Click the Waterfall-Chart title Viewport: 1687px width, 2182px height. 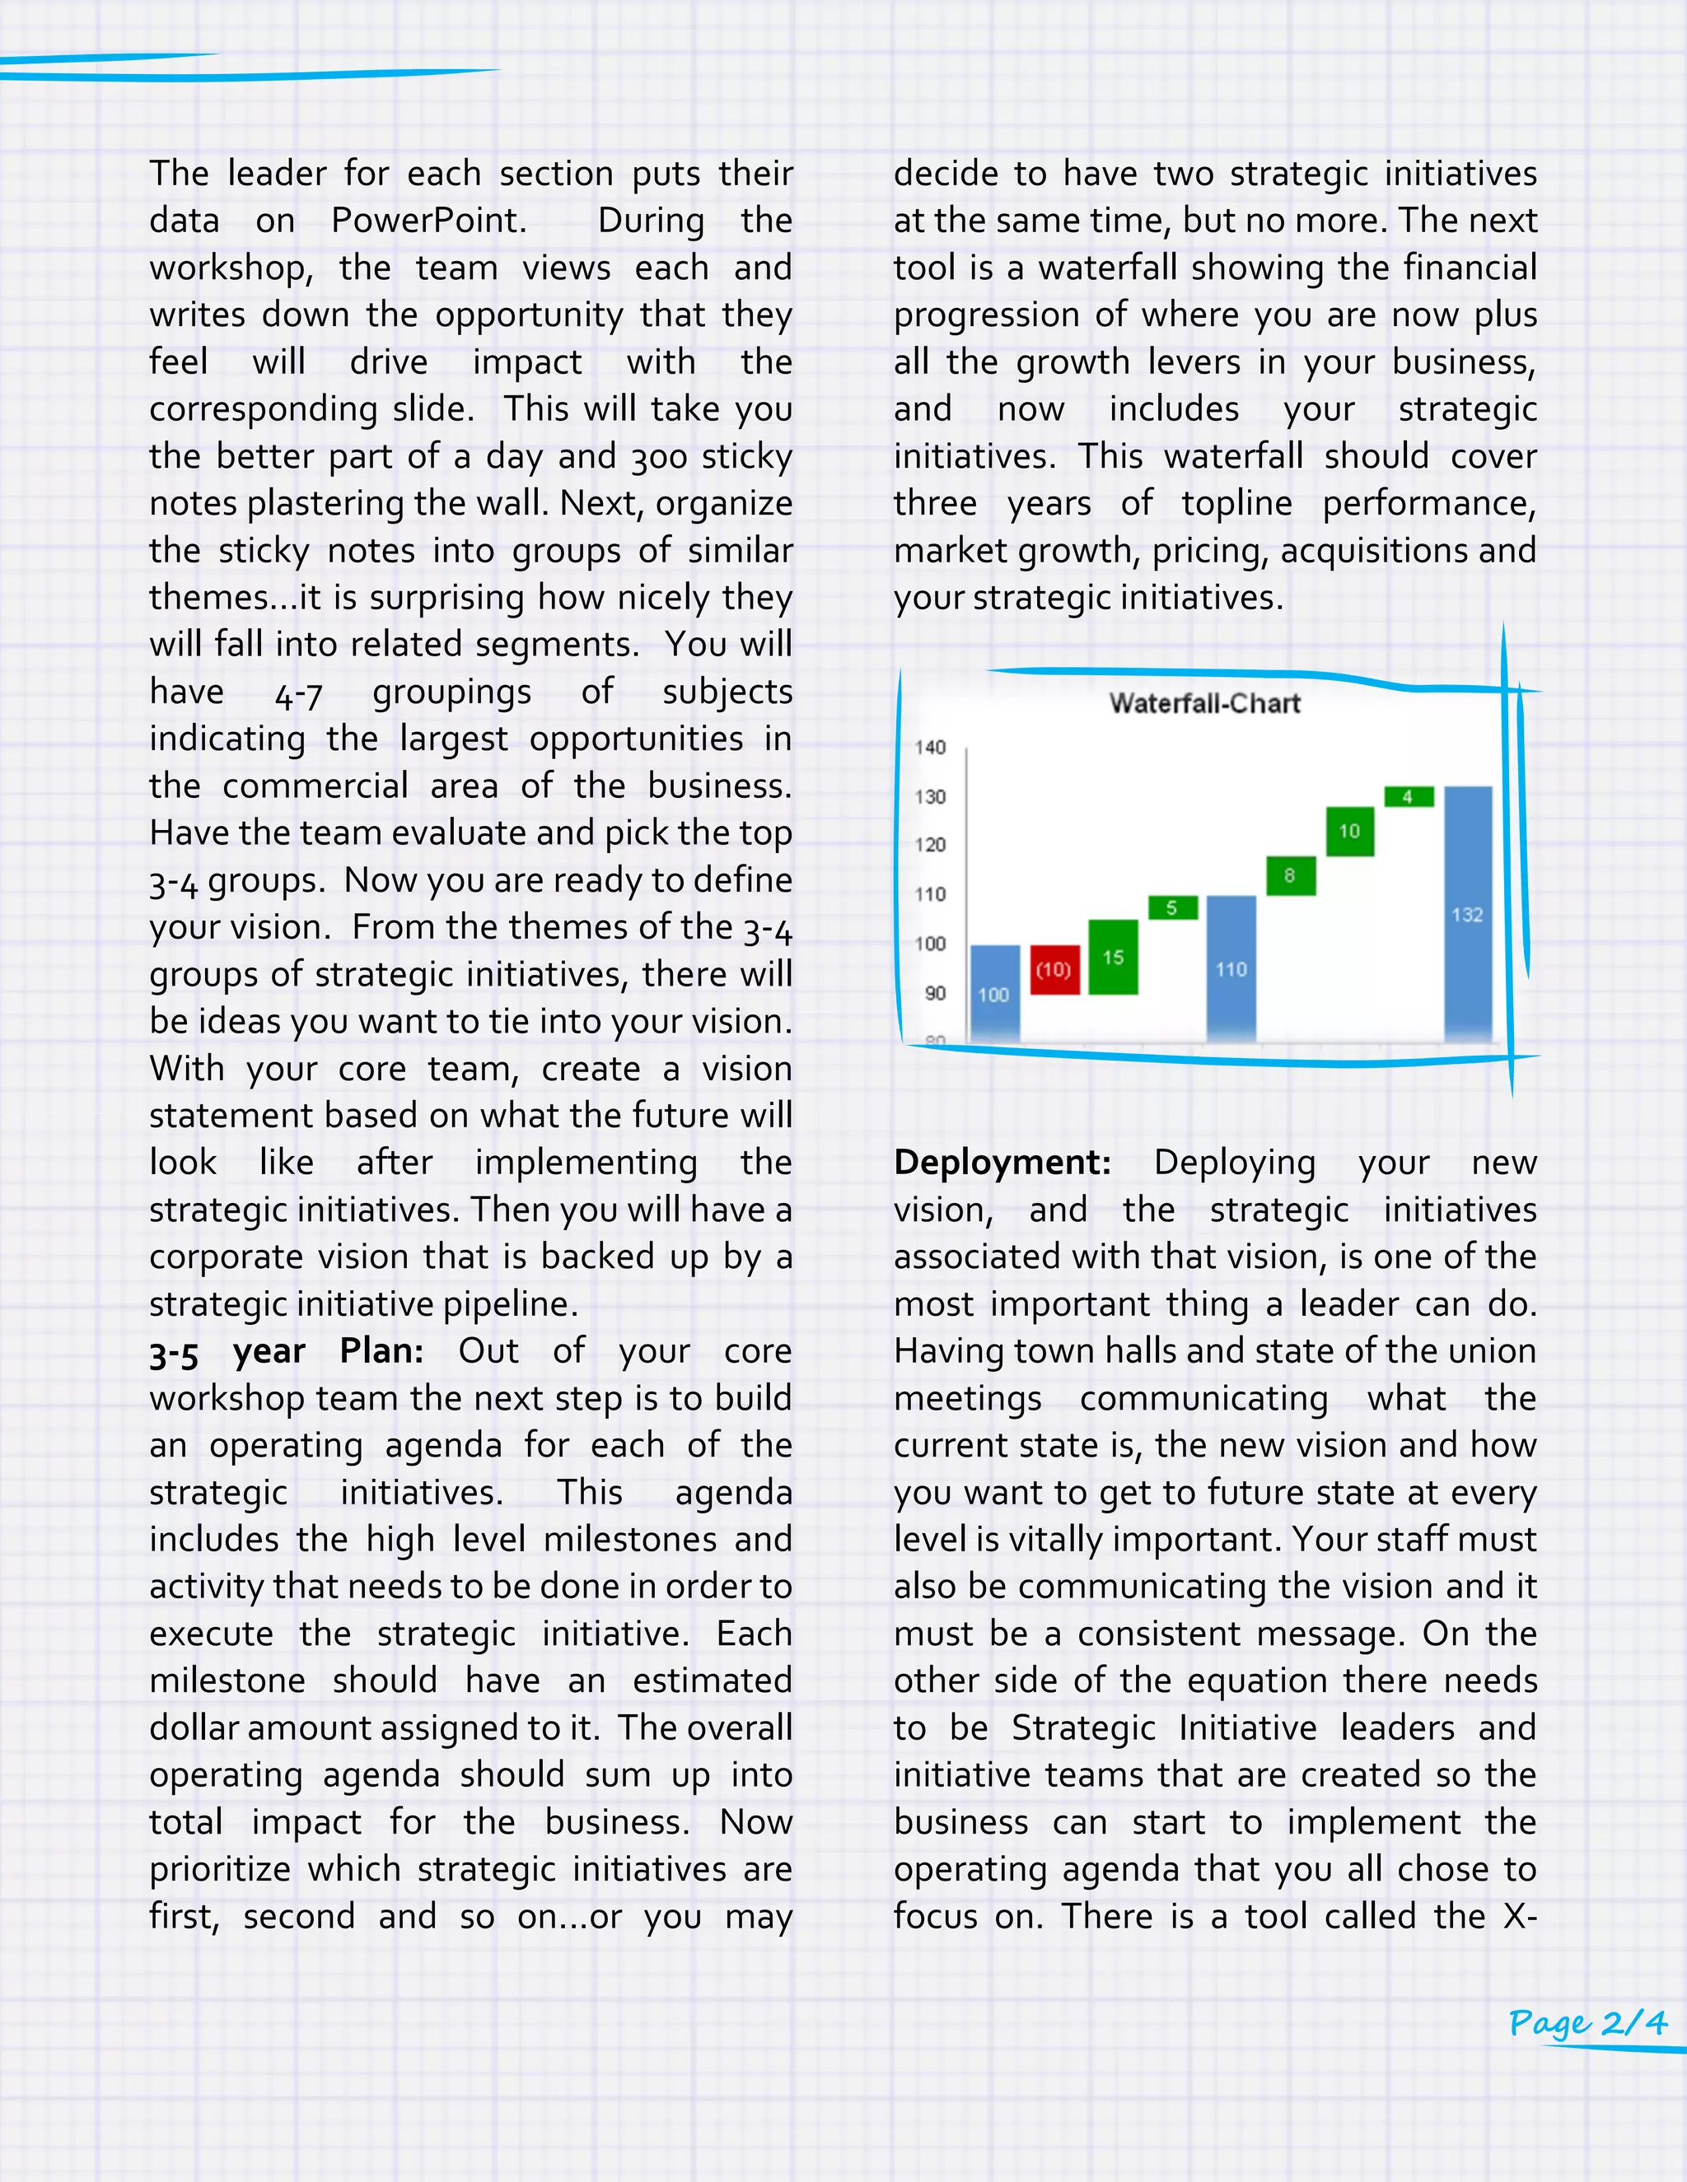(x=1204, y=703)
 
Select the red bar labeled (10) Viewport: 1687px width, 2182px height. (x=1054, y=969)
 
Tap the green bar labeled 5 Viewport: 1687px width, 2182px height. (x=1172, y=907)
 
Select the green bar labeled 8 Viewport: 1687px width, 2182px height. (x=1290, y=876)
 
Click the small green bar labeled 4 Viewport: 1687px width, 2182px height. (x=1408, y=796)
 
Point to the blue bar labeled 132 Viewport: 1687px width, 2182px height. (x=1467, y=913)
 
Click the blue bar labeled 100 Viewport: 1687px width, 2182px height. (x=994, y=993)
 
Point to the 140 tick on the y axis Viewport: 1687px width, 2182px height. (x=931, y=748)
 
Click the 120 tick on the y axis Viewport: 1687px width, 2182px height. (x=931, y=844)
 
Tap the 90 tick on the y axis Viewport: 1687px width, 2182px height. (x=934, y=993)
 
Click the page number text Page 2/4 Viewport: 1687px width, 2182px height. (x=1588, y=2024)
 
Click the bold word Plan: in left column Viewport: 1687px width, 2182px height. (x=381, y=1350)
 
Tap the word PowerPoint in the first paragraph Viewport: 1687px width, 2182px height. (x=428, y=221)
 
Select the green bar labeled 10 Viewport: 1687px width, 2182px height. (x=1349, y=832)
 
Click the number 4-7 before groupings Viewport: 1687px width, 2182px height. (x=298, y=692)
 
